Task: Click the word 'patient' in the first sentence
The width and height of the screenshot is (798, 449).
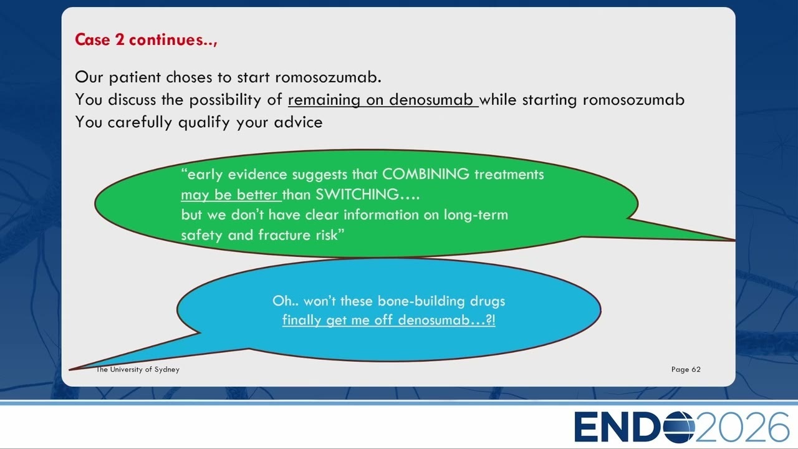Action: [x=135, y=77]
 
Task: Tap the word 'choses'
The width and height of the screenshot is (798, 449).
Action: [x=189, y=77]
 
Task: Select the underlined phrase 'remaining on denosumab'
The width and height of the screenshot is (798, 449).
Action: [x=383, y=100]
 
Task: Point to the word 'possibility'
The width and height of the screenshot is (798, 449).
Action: [x=225, y=100]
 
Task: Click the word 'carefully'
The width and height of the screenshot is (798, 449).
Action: [x=140, y=122]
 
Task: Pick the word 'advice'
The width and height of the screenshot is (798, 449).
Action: [x=298, y=122]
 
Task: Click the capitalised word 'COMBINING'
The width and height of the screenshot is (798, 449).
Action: [x=426, y=174]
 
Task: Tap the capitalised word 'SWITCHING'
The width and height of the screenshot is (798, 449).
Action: [x=357, y=195]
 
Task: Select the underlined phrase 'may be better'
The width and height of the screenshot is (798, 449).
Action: [x=231, y=195]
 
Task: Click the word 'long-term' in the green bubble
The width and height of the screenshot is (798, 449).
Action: [x=476, y=215]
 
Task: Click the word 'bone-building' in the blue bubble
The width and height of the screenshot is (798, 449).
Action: [x=421, y=301]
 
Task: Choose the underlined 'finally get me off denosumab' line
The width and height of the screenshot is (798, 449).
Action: [x=388, y=320]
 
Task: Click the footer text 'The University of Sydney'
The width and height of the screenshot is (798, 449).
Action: [x=138, y=370]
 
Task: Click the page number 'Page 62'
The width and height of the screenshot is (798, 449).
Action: [x=686, y=370]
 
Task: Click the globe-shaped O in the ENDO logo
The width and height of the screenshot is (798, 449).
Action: [x=679, y=427]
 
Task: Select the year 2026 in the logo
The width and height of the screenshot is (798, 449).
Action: [x=742, y=427]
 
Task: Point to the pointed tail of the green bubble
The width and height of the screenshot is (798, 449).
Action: [x=734, y=240]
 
